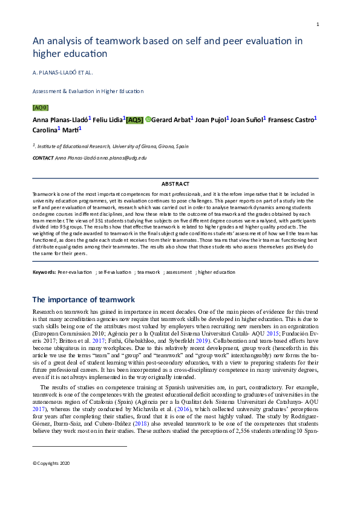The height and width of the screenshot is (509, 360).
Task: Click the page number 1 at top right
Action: (318, 24)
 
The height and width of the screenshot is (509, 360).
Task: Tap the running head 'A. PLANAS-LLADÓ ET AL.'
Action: (62, 73)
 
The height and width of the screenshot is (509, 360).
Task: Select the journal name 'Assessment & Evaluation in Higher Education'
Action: (88, 91)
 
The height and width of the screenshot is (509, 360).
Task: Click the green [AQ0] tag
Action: (40, 108)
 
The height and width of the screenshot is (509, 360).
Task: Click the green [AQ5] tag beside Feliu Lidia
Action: (134, 120)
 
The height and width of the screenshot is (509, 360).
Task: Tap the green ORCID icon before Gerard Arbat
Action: (148, 120)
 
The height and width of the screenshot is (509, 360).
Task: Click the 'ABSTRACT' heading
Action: (175, 184)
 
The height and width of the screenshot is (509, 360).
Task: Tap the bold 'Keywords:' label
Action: (44, 273)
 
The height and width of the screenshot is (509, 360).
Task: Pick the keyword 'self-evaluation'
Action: (115, 273)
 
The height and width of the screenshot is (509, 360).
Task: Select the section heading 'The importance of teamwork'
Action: (83, 299)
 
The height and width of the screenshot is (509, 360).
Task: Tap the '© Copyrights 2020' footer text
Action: (51, 463)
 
